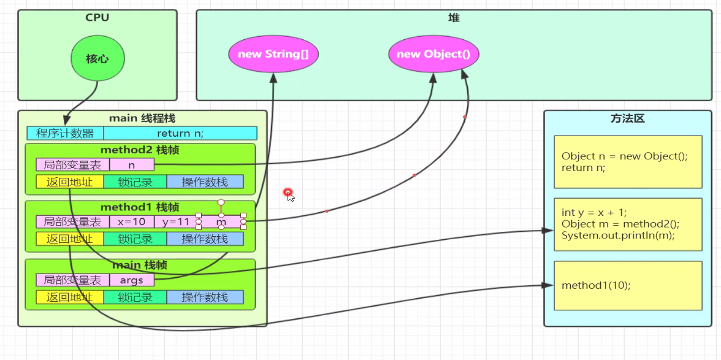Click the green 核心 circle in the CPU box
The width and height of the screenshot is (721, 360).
point(97,59)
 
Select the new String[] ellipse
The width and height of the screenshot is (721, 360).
point(273,54)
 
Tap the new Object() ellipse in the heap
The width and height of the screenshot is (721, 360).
point(433,54)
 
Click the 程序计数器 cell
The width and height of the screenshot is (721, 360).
point(65,133)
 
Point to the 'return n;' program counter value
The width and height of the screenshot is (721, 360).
point(180,133)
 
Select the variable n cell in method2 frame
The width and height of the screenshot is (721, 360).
point(132,164)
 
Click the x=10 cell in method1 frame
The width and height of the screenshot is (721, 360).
point(132,221)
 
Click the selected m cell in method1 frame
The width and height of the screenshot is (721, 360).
point(221,221)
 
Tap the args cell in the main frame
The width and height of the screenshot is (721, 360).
point(132,280)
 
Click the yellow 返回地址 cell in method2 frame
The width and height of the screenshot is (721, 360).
point(69,182)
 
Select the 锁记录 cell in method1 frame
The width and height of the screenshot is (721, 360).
point(135,239)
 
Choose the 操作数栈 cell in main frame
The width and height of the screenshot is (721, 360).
point(205,297)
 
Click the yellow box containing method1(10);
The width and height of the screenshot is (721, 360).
point(628,285)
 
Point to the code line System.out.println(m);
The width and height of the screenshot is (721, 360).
point(618,236)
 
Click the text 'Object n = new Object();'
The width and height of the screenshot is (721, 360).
point(625,156)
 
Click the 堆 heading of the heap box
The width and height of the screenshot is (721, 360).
point(454,18)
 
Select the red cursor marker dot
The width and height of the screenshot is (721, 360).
point(288,193)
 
